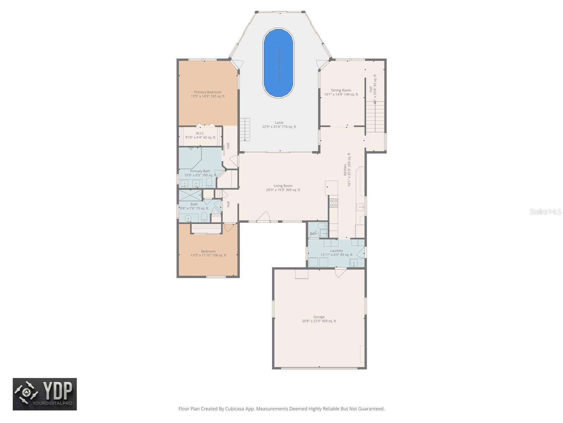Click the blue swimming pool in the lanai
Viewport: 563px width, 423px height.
tap(278, 63)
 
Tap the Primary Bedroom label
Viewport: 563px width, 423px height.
tap(208, 92)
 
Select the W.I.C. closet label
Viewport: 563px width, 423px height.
tap(200, 133)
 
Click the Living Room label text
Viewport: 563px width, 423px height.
tap(283, 186)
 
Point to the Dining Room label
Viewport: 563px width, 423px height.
tap(341, 90)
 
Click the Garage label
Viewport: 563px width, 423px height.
tap(319, 317)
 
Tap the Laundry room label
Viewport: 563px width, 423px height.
tap(336, 251)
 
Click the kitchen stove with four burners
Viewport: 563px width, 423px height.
tap(333, 203)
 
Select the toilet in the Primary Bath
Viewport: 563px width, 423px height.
tap(209, 182)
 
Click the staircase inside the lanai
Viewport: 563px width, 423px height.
tap(245, 129)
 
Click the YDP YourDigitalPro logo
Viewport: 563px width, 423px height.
tap(45, 394)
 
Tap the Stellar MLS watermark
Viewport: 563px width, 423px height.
tap(545, 211)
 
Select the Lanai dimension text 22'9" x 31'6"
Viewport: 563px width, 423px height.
tap(279, 127)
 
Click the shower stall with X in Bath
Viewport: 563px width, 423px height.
tap(190, 195)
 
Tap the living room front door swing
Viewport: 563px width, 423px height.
tap(264, 217)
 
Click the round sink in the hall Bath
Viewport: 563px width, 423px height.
tap(188, 218)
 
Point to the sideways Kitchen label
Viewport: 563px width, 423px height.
tap(345, 170)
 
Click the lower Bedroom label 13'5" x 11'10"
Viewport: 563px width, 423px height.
tap(208, 255)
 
